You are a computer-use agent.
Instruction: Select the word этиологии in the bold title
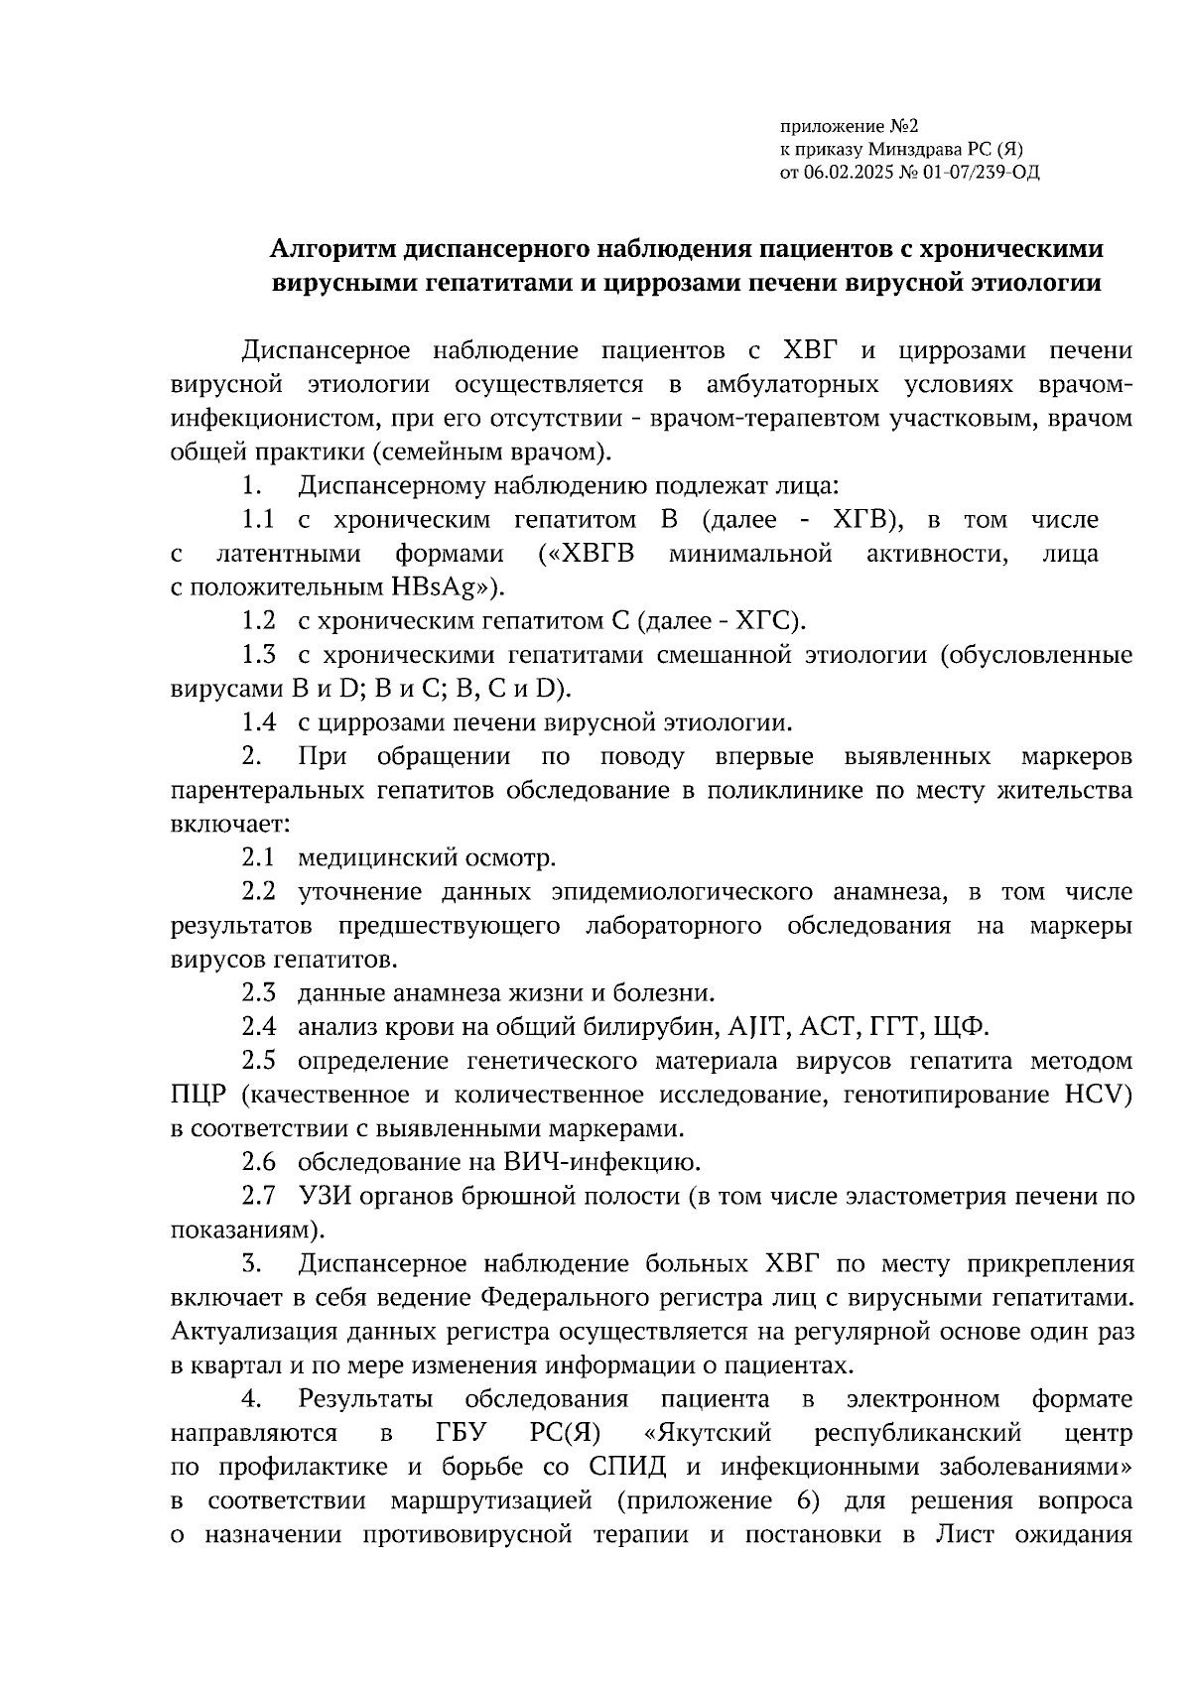pyautogui.click(x=1039, y=283)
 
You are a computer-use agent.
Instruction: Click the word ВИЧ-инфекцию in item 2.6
pyautogui.click(x=607, y=1161)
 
